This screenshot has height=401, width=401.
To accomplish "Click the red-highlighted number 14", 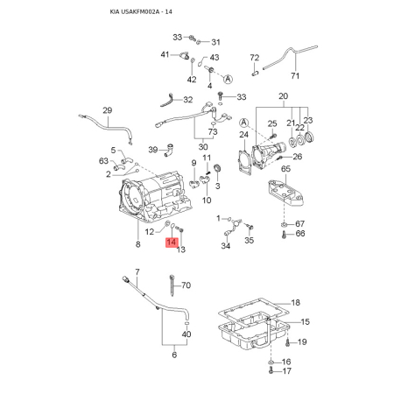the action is click(172, 243).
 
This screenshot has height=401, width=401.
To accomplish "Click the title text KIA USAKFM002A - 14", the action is click(141, 12).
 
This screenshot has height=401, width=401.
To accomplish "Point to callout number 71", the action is click(295, 75).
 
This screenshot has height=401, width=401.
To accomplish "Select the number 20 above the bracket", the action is click(283, 96).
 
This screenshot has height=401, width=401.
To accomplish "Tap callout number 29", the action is click(108, 110).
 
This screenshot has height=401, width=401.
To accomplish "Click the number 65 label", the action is click(285, 169).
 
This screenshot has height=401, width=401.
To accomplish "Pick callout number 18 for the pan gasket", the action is click(296, 302).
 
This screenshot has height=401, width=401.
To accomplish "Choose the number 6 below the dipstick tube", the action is click(174, 355).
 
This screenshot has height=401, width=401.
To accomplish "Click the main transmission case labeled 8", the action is click(155, 197).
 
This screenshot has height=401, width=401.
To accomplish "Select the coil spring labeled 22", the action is click(298, 141).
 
